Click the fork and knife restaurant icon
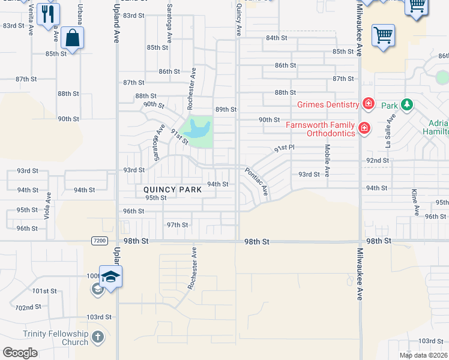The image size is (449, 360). click(48, 13)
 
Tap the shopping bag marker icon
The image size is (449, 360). click(72, 38)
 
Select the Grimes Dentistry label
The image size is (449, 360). click(328, 104)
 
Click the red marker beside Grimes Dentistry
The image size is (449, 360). click(368, 104)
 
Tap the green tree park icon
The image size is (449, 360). click(407, 105)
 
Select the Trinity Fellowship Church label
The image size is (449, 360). click(55, 338)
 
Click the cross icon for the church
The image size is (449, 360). click(98, 338)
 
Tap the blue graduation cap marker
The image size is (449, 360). click(110, 277)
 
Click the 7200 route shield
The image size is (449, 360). click(101, 241)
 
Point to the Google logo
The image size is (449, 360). click(20, 353)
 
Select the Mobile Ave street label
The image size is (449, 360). click(327, 160)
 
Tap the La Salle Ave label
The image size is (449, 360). click(388, 136)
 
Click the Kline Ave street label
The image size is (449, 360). click(415, 202)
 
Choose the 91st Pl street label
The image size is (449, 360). click(285, 148)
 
